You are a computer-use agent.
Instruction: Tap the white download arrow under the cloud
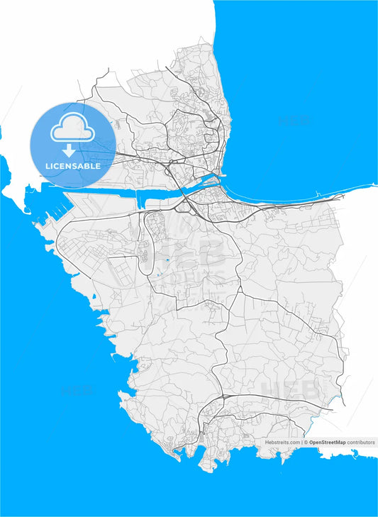coord(70,150)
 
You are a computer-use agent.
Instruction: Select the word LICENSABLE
coord(72,166)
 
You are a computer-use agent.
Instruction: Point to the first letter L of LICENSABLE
coord(47,166)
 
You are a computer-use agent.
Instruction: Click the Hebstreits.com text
coord(282,442)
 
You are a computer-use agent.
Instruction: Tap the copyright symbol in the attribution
coord(306,442)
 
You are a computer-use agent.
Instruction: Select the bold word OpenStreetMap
coord(328,442)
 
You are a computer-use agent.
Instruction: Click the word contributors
coord(361,442)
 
